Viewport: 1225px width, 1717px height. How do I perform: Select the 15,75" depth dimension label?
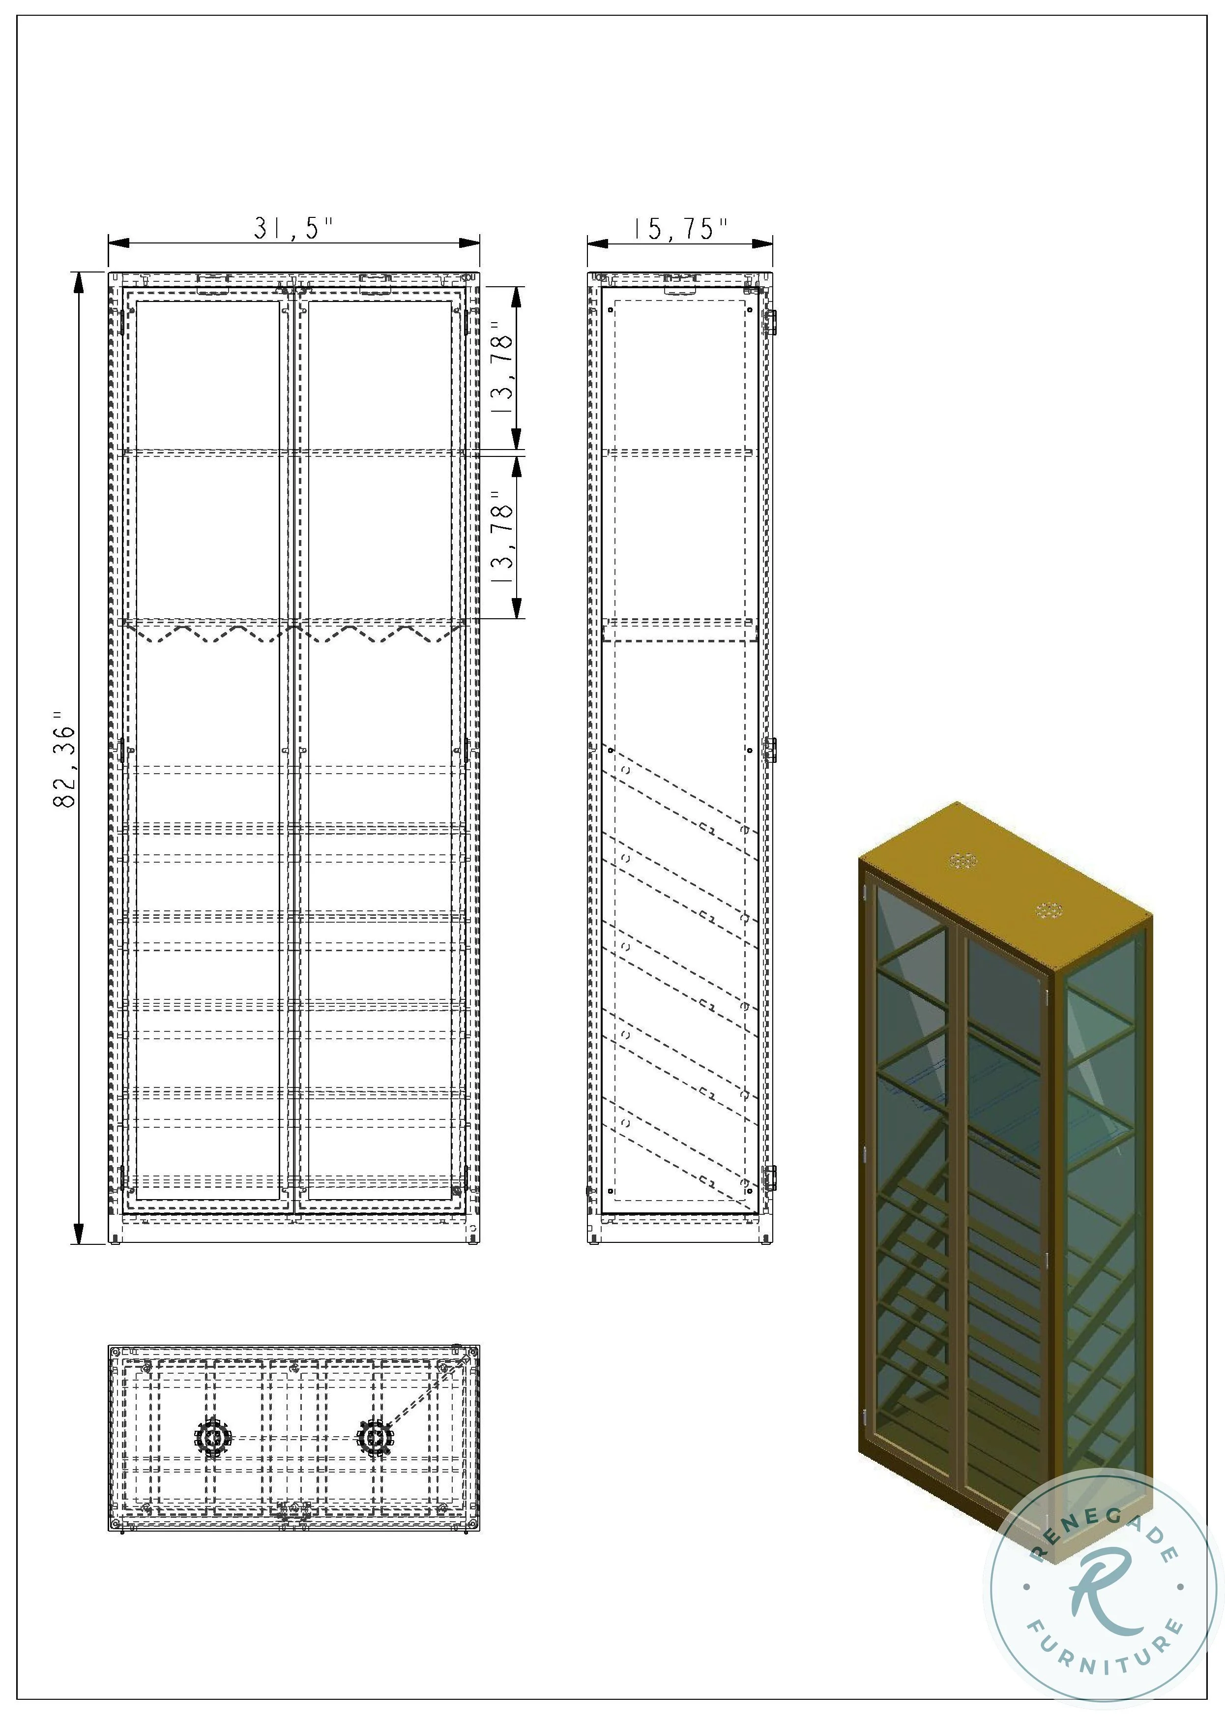(680, 228)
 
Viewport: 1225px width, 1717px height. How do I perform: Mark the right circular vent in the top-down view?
(374, 1439)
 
